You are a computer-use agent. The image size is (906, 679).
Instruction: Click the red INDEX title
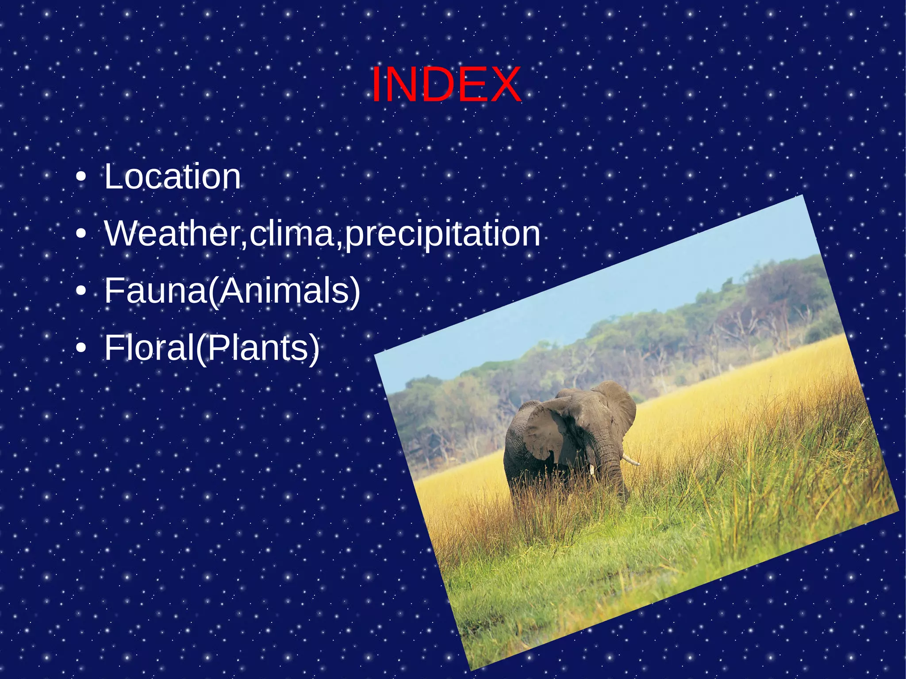[446, 85]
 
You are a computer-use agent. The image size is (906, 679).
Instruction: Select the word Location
[173, 177]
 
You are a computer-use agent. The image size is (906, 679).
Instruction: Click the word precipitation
[442, 234]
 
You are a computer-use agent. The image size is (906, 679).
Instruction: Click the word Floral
[149, 348]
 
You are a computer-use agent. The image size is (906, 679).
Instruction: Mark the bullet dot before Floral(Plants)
[81, 348]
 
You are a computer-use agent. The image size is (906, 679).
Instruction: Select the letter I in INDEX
[376, 85]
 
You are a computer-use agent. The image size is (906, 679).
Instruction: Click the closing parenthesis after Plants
[314, 349]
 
